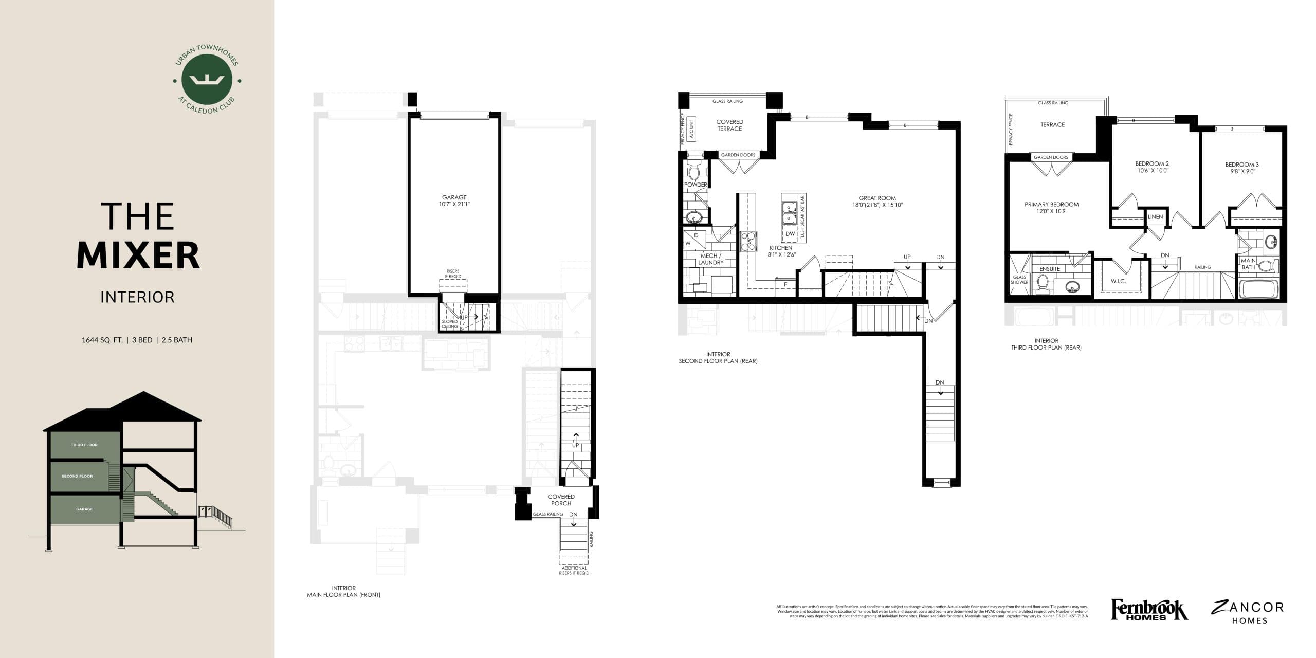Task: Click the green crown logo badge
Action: point(207,80)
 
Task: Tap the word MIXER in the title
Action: point(138,255)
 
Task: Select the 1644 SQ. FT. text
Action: point(102,340)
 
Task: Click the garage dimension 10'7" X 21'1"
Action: point(454,204)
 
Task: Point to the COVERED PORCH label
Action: point(561,500)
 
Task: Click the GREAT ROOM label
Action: point(877,198)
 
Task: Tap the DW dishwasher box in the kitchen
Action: point(790,234)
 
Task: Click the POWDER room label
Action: point(695,185)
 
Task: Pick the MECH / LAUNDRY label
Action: point(711,259)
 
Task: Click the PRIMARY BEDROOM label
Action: point(1051,204)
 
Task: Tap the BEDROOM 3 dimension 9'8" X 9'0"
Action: point(1242,172)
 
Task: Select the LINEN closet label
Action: point(1155,217)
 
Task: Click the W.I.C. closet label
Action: point(1119,281)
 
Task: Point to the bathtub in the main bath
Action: point(1257,289)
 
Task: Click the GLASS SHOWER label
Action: point(1019,280)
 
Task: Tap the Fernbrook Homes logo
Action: point(1149,610)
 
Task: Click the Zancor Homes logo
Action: point(1247,612)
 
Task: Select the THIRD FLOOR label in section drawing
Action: point(84,445)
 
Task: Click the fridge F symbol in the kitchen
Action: point(785,284)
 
